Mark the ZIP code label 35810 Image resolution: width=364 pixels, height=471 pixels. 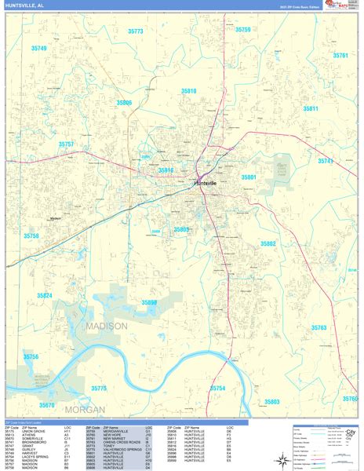coord(189,91)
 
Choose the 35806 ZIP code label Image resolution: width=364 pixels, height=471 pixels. coord(124,103)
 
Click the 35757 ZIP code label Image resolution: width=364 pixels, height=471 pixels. coord(66,144)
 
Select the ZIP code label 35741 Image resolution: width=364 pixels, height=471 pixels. coord(326,161)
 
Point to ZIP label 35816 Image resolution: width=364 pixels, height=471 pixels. coord(166,170)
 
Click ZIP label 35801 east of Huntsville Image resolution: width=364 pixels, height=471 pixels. coord(249,177)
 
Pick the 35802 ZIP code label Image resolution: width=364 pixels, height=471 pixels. coord(268,244)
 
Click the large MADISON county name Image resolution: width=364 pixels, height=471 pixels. coord(105,326)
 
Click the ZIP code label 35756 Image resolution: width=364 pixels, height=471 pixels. coord(31,357)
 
